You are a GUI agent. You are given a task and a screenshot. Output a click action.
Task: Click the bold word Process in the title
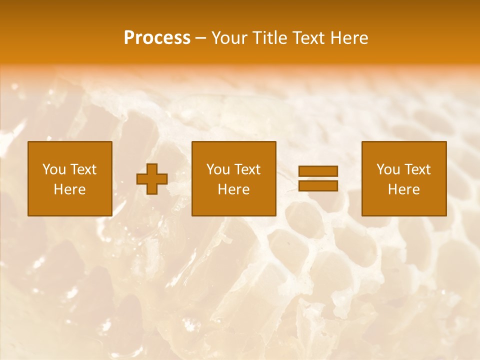(x=157, y=38)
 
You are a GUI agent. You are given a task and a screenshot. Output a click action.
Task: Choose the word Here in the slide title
(x=350, y=38)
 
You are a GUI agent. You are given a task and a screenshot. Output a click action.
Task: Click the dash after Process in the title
(x=201, y=38)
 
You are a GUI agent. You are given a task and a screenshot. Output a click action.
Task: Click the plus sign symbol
(x=152, y=179)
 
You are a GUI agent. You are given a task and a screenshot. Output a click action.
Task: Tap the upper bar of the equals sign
(x=318, y=171)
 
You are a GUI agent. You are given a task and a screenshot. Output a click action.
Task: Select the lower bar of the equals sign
(x=318, y=185)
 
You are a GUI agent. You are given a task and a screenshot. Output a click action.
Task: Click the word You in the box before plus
(x=54, y=169)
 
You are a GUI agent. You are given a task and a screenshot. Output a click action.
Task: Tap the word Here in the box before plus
(x=70, y=189)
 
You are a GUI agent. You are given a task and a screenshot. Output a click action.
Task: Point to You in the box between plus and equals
(x=218, y=169)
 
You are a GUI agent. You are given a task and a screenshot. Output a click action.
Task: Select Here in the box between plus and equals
(x=234, y=189)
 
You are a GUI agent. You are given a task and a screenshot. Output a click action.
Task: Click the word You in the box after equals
(x=388, y=169)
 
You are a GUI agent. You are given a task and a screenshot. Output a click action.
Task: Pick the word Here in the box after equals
(x=404, y=189)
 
